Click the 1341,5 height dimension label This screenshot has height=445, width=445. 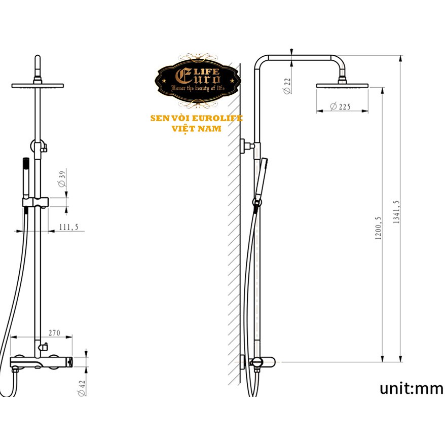click(x=396, y=212)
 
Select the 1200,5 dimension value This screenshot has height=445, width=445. click(x=378, y=228)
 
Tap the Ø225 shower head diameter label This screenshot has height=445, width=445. click(x=340, y=107)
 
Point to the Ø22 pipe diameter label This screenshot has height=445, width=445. click(x=287, y=86)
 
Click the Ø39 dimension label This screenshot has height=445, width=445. click(x=62, y=178)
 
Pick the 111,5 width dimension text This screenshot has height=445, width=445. click(x=69, y=227)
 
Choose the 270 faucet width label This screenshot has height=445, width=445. click(x=54, y=332)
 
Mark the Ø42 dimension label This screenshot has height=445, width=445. click(x=82, y=388)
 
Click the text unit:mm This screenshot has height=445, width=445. click(x=411, y=388)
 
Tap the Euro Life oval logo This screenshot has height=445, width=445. click(x=198, y=81)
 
